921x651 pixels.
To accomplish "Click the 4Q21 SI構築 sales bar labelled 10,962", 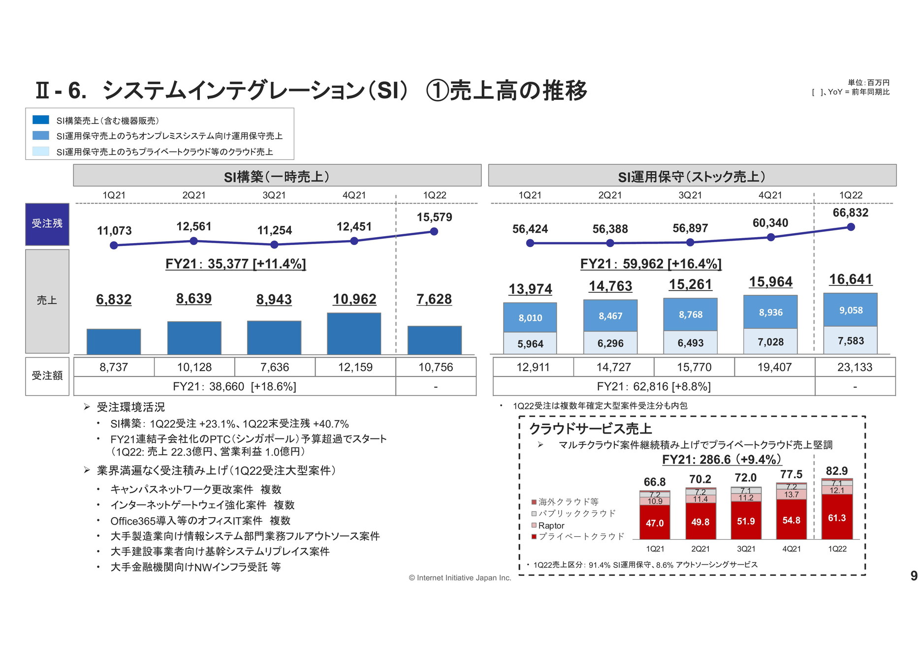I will [354, 333].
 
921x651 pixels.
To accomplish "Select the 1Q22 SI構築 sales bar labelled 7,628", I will [434, 340].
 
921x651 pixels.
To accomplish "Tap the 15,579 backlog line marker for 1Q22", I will [434, 232].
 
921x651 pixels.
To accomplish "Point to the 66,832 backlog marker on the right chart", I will [851, 227].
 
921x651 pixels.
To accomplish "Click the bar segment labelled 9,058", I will [850, 310].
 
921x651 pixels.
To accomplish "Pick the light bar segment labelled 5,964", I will [530, 343].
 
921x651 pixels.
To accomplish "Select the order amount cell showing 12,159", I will [355, 367].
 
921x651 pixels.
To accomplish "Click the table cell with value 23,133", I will [855, 367].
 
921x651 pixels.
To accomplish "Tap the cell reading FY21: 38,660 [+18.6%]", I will [234, 386].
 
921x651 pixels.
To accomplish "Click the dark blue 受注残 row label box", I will [47, 224].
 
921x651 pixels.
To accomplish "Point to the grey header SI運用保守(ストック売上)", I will [692, 176].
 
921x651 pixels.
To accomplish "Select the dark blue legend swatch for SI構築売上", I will [41, 120].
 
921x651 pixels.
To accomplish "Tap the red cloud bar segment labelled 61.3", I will [836, 517].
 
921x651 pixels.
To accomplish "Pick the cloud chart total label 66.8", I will [654, 482].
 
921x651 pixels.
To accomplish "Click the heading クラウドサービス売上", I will [590, 429].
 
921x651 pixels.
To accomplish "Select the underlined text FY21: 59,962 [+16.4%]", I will [650, 264].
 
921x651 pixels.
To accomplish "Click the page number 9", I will [914, 576].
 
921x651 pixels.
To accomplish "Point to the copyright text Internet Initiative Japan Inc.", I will [460, 578].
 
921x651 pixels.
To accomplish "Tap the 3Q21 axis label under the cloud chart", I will [745, 549].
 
